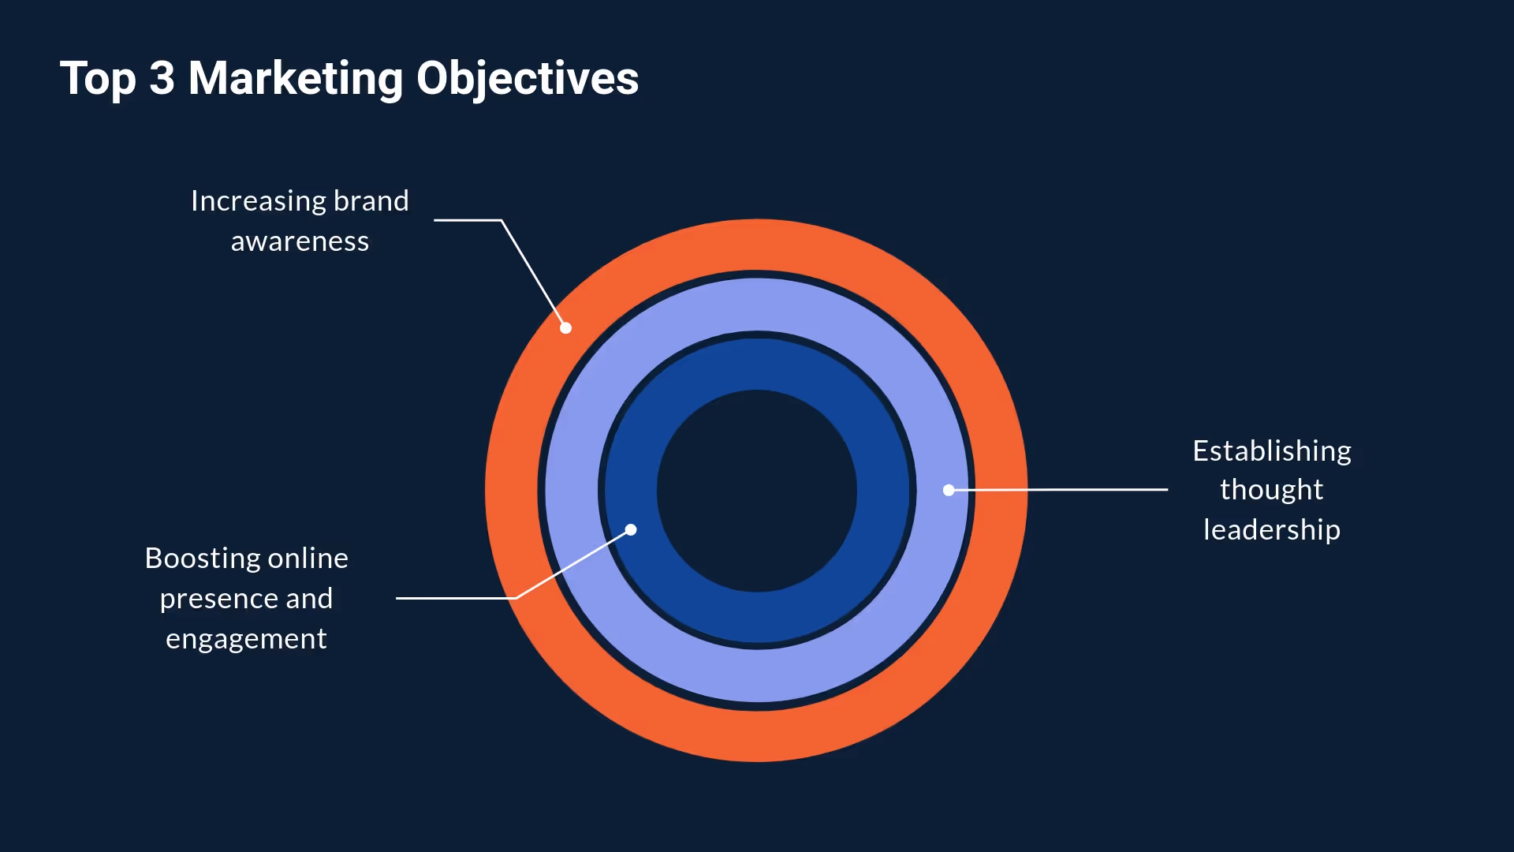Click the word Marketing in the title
296,79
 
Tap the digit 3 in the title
162,79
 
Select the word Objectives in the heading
527,79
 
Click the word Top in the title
98,79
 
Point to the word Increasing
258,201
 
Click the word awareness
300,241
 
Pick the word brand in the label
371,201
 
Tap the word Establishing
1271,451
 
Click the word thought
1271,490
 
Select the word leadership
1271,530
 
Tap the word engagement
246,639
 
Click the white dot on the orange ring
565,328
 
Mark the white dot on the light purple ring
949,490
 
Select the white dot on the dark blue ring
631,529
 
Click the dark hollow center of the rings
756,490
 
